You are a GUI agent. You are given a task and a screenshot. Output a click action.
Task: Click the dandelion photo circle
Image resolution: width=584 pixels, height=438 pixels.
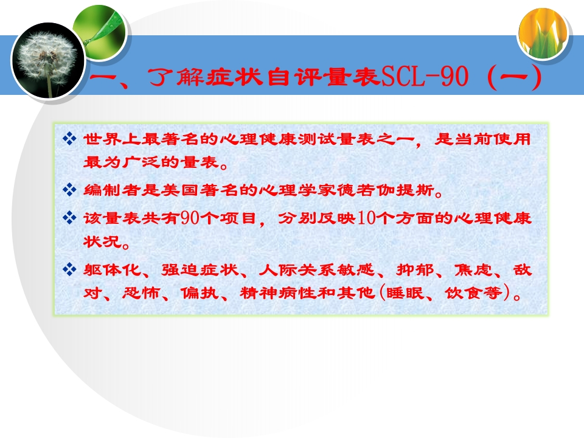pyautogui.click(x=48, y=61)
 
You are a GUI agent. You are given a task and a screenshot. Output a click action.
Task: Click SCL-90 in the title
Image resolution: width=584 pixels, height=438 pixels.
pyautogui.click(x=425, y=77)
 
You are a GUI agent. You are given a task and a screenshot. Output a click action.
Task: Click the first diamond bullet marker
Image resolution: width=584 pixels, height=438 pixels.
pyautogui.click(x=69, y=139)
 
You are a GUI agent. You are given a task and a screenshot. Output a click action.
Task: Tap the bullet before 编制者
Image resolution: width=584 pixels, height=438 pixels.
pyautogui.click(x=69, y=190)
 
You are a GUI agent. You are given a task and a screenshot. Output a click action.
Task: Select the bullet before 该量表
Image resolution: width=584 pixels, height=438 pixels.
pyautogui.click(x=69, y=217)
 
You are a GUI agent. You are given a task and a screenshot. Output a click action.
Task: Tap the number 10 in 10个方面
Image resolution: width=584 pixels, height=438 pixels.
pyautogui.click(x=366, y=218)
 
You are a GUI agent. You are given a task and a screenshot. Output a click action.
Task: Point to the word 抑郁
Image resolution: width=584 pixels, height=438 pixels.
pyautogui.click(x=415, y=269)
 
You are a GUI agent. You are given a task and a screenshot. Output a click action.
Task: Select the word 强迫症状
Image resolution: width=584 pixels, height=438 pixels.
pyautogui.click(x=200, y=269)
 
